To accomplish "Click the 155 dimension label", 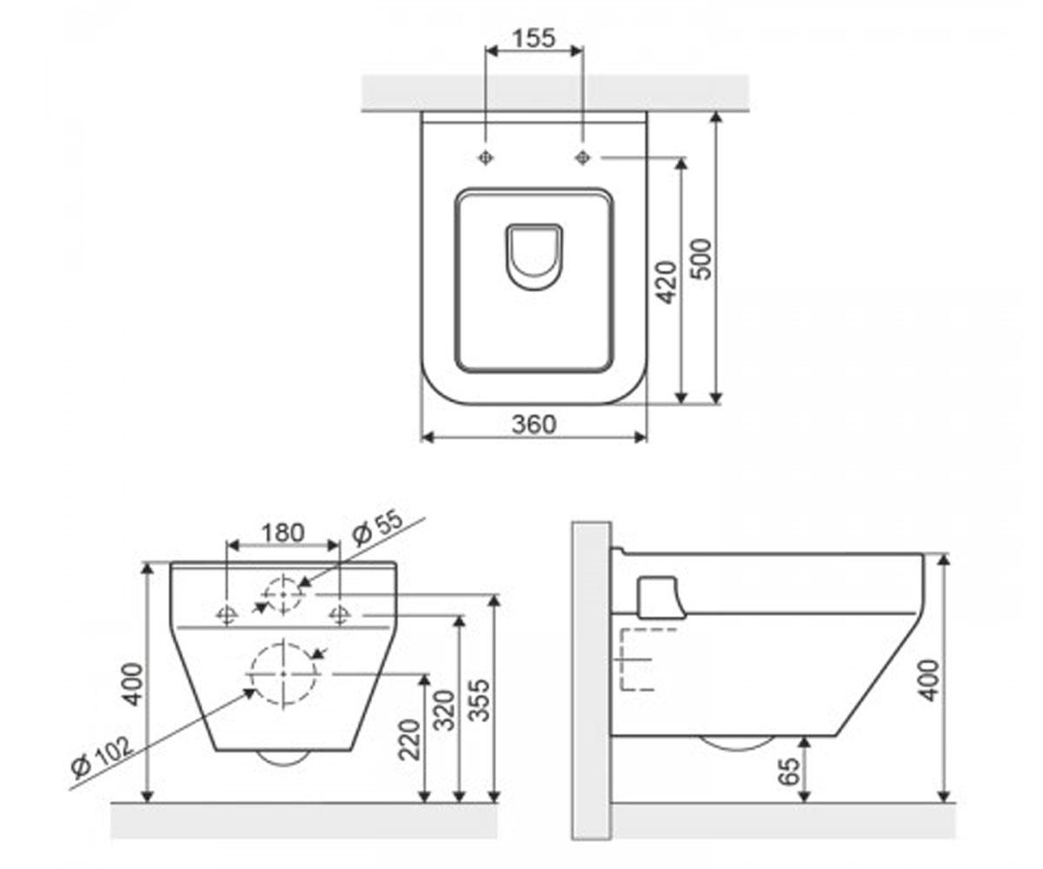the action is (534, 38).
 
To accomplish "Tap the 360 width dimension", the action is (534, 425).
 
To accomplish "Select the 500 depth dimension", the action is (701, 259).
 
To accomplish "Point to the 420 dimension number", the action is (666, 282).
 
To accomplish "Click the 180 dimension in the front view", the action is (282, 533).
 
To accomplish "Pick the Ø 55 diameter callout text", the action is (377, 527).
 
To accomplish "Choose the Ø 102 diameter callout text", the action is (103, 758).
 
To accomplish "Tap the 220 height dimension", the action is (409, 740).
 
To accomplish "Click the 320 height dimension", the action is (444, 710).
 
